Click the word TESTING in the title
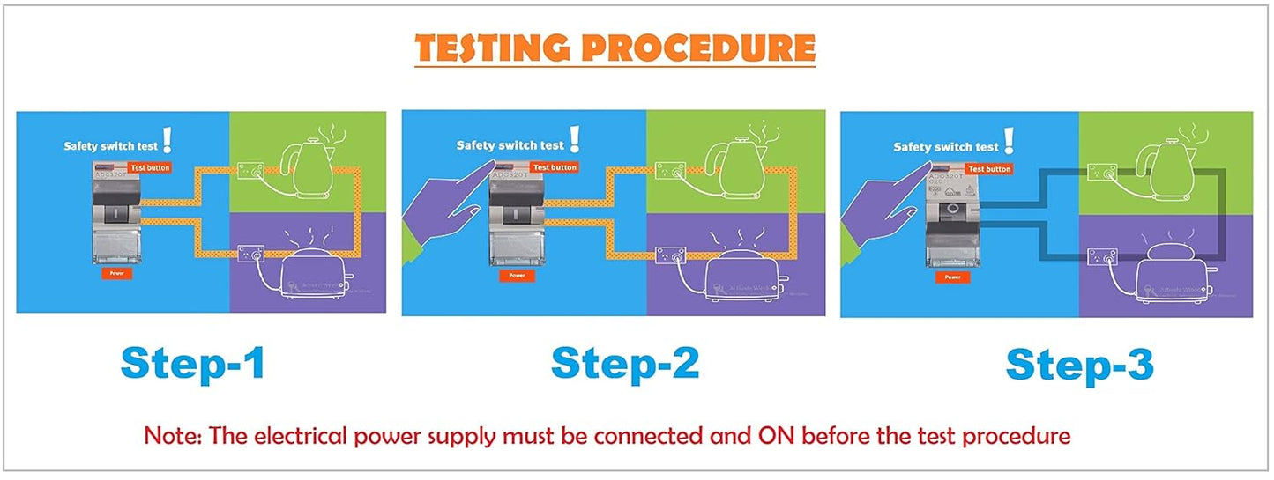pyautogui.click(x=493, y=48)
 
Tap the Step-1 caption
pyautogui.click(x=192, y=364)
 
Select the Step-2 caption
pyautogui.click(x=625, y=364)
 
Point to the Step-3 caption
pyautogui.click(x=1079, y=366)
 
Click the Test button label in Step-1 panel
pyautogui.click(x=149, y=167)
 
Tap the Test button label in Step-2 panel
pyautogui.click(x=555, y=166)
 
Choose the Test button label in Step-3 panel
pyautogui.click(x=989, y=168)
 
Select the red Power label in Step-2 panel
pyautogui.click(x=517, y=276)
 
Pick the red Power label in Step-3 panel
pyautogui.click(x=952, y=277)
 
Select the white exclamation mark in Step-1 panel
pyautogui.click(x=168, y=139)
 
